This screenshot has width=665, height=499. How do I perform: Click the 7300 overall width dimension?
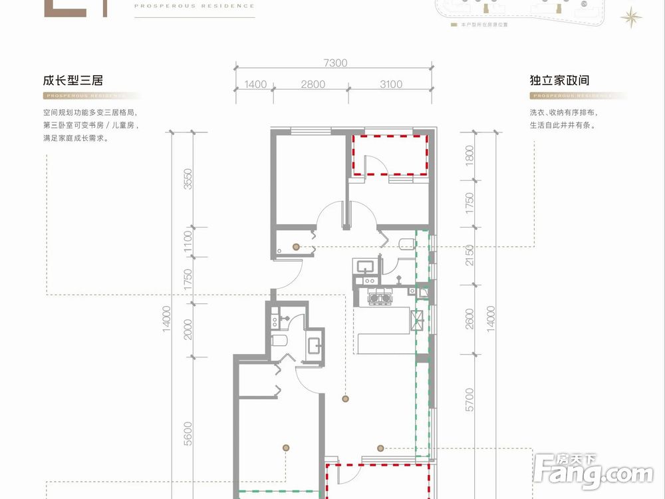(x=335, y=63)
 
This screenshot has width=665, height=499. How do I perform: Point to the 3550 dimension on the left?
(x=188, y=178)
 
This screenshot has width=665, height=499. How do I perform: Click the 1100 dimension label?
(x=188, y=240)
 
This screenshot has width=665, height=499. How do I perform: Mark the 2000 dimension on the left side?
(x=188, y=329)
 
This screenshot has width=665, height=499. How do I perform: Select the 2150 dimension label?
(x=470, y=255)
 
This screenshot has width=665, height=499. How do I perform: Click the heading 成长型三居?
(x=73, y=81)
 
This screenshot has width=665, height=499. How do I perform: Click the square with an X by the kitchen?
(x=419, y=320)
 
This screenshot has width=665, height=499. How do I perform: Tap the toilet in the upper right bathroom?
(x=404, y=244)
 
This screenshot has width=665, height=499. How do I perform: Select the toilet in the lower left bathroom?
(x=280, y=343)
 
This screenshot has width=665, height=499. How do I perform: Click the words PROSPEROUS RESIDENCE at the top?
(x=194, y=6)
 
